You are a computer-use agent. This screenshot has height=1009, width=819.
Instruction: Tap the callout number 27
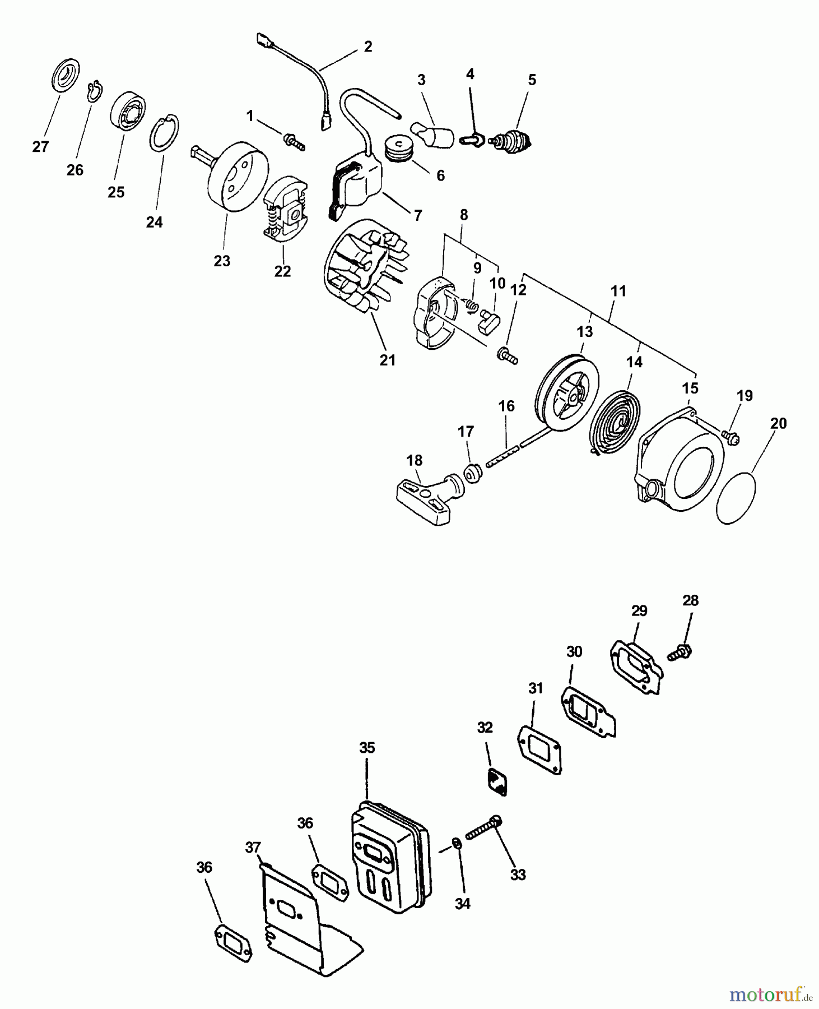click(40, 147)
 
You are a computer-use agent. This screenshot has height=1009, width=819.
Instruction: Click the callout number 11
click(618, 291)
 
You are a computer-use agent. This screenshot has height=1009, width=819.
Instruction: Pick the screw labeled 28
click(680, 652)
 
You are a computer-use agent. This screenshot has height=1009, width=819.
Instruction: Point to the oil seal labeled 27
click(66, 75)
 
